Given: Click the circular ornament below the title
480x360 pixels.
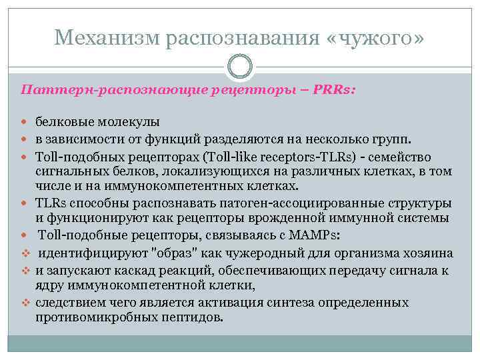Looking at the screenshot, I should click(239, 67).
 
